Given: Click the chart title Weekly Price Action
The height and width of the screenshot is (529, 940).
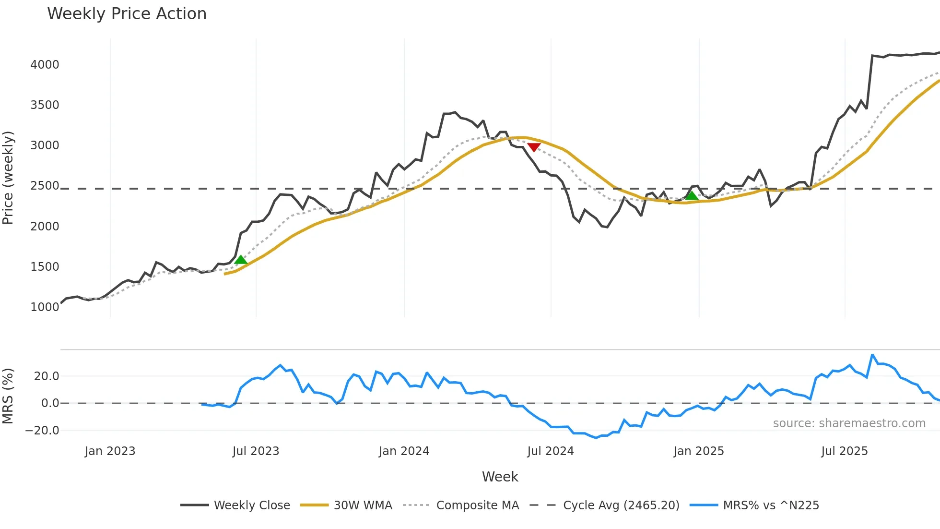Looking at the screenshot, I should coord(127,14).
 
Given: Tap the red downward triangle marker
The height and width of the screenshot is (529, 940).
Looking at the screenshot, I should coord(534,147).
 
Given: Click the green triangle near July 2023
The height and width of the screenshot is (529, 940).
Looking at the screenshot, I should coord(241,260).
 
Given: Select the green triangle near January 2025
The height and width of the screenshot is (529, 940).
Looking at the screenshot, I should coord(692,195).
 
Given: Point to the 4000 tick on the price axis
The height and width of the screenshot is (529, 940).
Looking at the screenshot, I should coord(45,65).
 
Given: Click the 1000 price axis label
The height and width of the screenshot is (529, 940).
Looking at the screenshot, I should coord(45,307).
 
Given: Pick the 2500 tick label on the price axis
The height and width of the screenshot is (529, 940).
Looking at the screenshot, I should coord(45,186).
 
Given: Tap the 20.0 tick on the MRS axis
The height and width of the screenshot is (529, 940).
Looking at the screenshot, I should coord(47,376).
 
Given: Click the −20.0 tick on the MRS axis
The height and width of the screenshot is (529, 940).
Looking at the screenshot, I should coord(42,431).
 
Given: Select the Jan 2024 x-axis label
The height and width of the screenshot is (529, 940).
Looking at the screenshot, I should coord(404,451).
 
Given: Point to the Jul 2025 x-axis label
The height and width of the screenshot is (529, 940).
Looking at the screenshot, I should coord(844,451).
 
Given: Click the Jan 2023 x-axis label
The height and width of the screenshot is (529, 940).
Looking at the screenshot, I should coord(110,451).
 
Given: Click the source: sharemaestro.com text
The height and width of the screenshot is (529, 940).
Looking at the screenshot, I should coord(849,423).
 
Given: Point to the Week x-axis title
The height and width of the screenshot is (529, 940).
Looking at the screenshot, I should coord(500,477).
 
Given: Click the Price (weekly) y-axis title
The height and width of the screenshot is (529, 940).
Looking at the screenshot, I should coord(8,178).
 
